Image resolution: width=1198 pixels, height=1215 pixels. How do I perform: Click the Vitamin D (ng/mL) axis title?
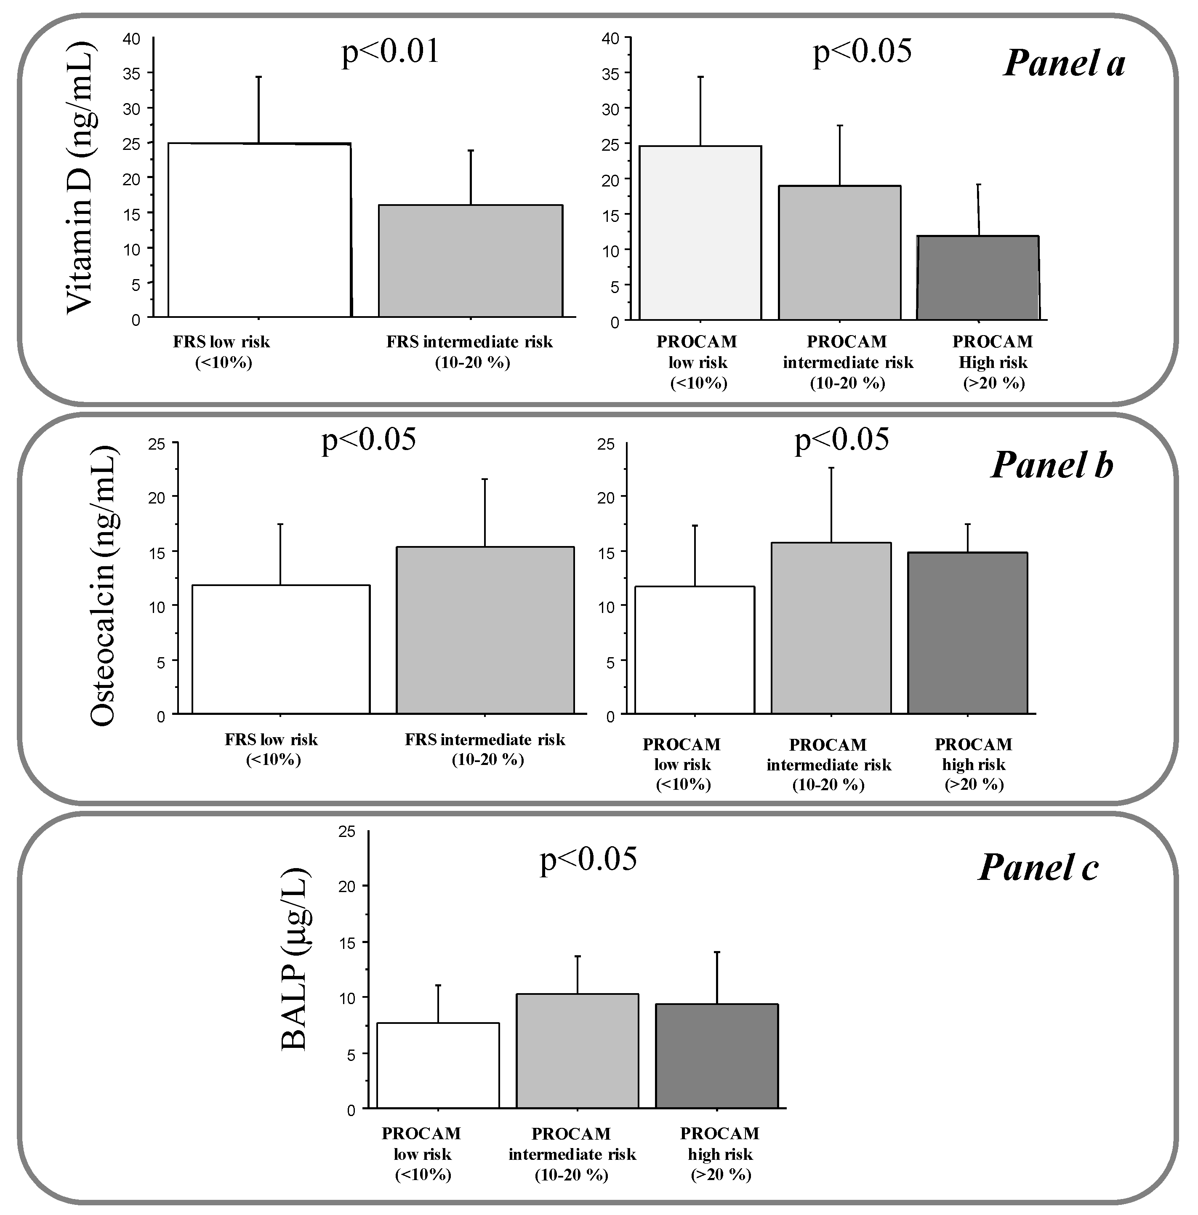(80, 178)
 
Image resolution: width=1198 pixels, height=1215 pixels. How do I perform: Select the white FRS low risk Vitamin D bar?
(259, 230)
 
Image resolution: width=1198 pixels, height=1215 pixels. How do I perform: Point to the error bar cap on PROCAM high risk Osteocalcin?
(967, 524)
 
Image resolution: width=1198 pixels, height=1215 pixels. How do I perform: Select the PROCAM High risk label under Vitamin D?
(992, 362)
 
